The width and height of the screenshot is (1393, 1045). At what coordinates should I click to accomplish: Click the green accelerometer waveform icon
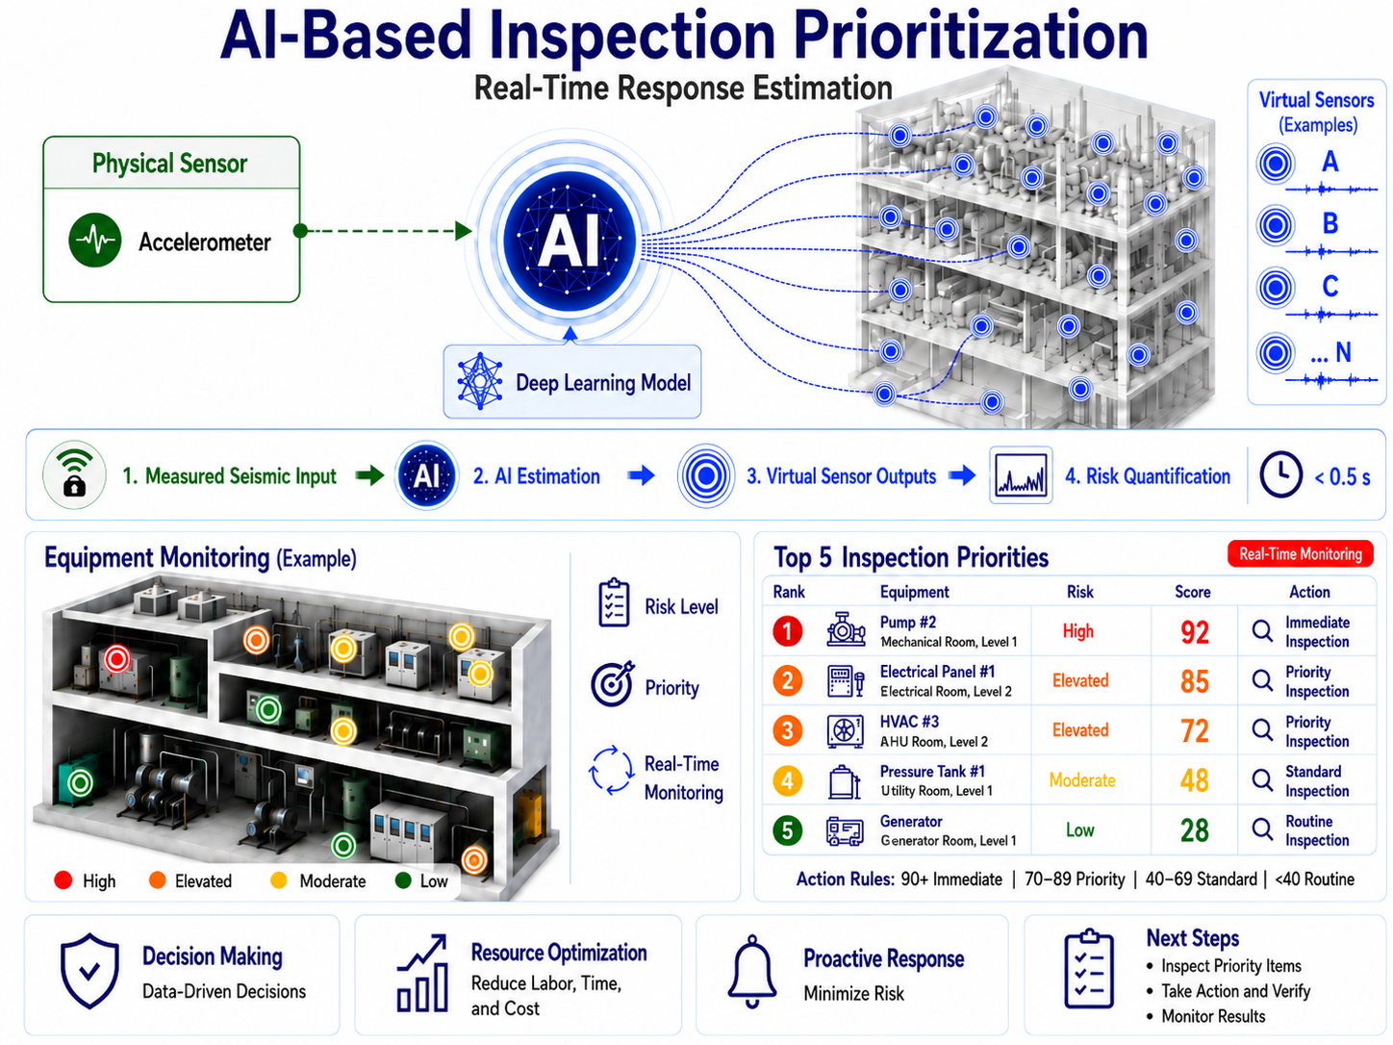95,241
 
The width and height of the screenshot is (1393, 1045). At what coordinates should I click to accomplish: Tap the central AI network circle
570,240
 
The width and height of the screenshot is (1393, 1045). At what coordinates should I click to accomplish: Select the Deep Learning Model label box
571,382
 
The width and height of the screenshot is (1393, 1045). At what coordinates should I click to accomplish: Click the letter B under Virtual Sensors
1330,224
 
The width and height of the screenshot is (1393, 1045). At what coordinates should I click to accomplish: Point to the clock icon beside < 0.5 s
1280,474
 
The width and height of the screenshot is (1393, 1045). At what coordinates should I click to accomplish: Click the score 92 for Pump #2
1195,632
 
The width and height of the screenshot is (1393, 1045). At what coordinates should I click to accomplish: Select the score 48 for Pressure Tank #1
1195,780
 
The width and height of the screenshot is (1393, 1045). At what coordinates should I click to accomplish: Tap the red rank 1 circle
788,631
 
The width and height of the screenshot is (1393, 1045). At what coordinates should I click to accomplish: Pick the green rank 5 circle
788,830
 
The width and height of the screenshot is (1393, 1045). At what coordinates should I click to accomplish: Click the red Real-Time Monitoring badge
1301,554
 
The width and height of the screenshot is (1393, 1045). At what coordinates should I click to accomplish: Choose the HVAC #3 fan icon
845,731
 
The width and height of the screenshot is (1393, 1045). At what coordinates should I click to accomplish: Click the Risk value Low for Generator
1079,829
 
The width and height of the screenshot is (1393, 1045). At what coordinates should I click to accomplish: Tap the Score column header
1193,592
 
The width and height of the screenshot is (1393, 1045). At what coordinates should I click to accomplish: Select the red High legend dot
63,880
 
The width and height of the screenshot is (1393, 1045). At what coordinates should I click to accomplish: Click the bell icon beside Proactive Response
752,971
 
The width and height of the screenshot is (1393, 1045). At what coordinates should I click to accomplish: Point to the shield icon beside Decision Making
89,971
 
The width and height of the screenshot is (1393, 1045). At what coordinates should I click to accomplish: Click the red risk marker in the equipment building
116,659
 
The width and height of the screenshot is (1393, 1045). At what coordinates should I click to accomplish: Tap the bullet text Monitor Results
1213,1016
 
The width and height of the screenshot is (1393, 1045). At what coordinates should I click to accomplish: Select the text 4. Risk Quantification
1148,476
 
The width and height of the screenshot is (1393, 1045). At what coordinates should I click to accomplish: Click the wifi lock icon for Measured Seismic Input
74,474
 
